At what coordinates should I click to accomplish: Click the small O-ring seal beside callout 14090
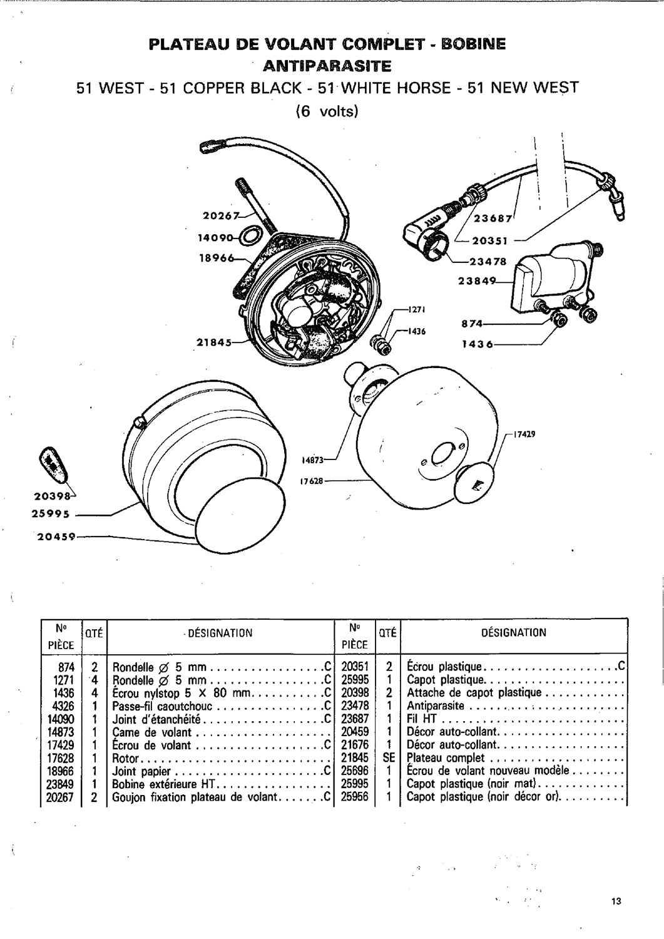(252, 236)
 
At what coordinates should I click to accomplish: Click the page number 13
(616, 901)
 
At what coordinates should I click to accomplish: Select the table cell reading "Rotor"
(125, 758)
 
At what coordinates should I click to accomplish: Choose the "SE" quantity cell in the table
(387, 758)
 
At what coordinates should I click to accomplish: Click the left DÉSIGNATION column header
(220, 632)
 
